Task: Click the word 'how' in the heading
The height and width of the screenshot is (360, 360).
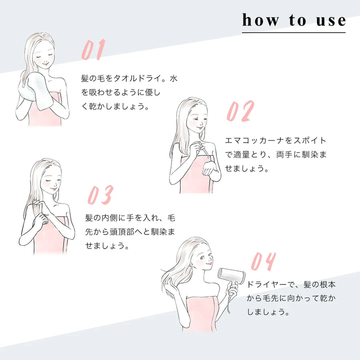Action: tap(261, 20)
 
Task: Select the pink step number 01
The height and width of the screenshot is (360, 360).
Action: tap(93, 50)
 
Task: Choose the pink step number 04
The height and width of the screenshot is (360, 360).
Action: tap(262, 262)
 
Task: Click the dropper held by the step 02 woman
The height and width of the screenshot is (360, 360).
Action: tap(201, 150)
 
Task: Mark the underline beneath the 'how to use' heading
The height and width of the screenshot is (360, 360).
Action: tap(293, 32)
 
